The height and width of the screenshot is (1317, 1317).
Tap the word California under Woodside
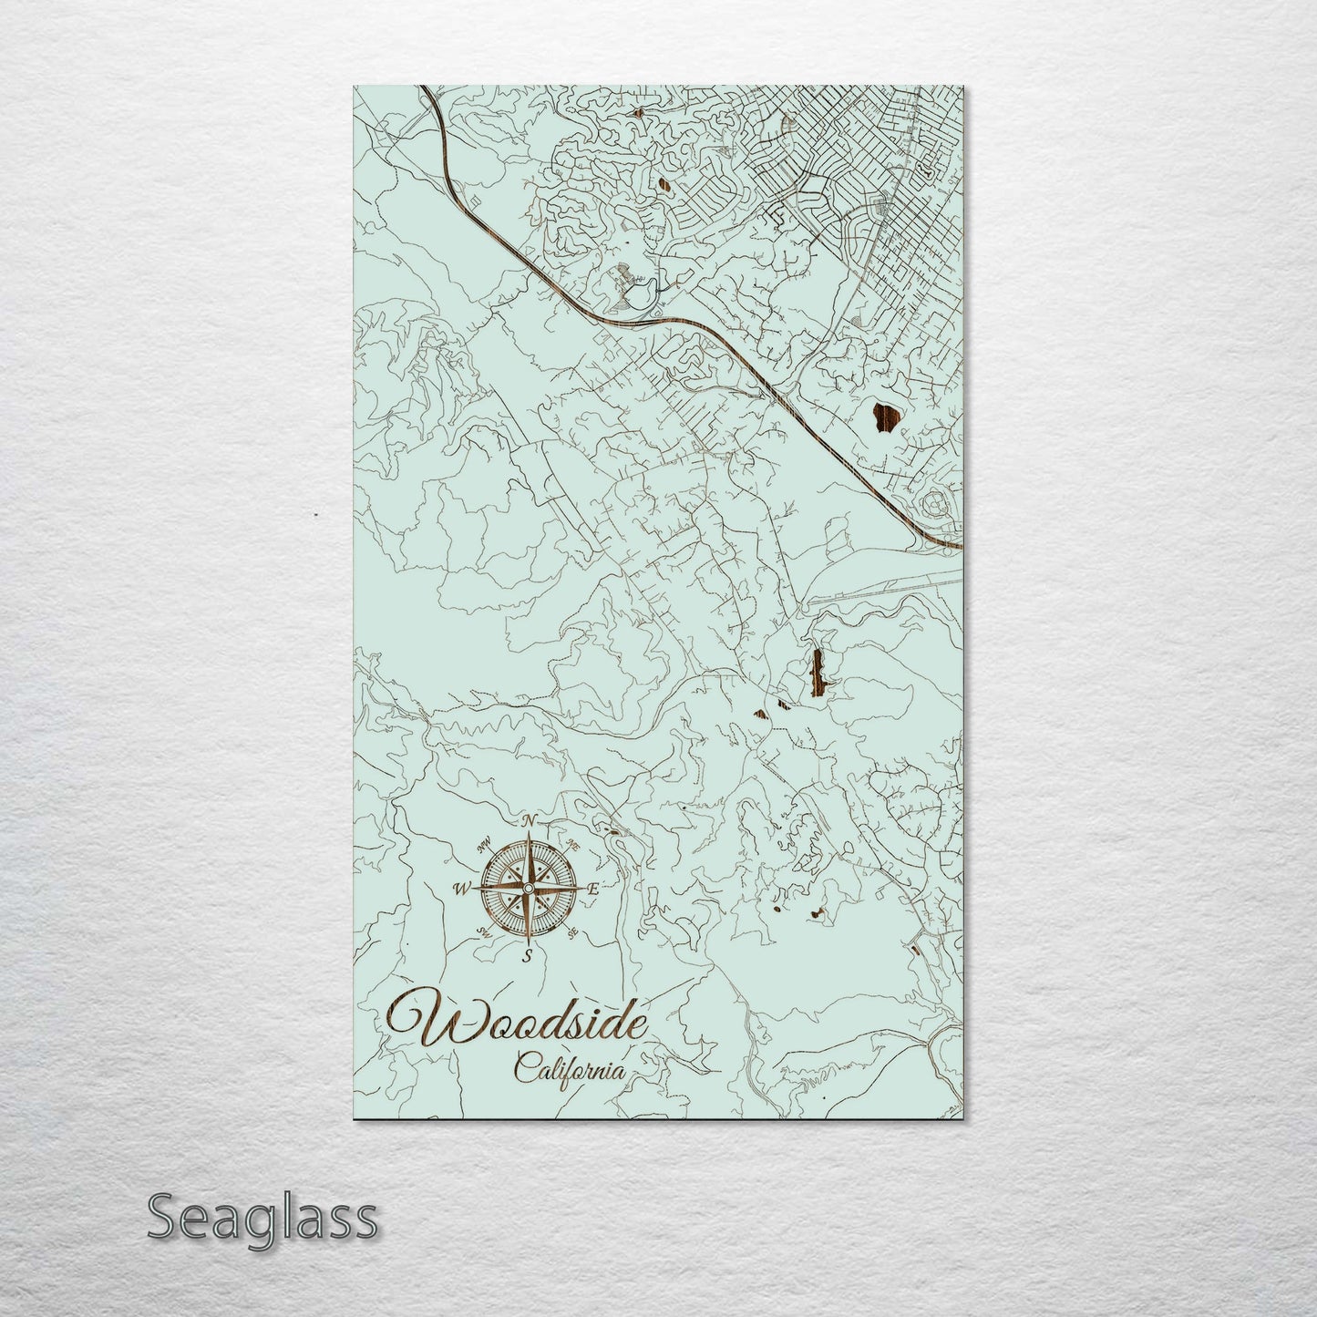point(570,1066)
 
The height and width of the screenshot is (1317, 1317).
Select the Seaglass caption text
point(262,1218)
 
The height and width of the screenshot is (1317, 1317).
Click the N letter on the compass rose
point(529,821)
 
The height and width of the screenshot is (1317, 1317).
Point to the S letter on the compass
point(527,955)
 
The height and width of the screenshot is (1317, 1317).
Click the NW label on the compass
point(484,842)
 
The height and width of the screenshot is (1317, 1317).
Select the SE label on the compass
point(572,932)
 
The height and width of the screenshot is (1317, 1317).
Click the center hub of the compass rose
point(528,888)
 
